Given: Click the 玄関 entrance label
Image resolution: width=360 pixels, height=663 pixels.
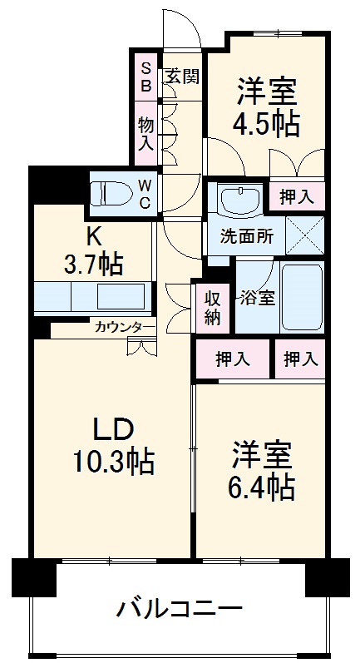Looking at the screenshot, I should (181, 77).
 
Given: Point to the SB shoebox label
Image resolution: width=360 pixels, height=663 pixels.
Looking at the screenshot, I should (145, 77).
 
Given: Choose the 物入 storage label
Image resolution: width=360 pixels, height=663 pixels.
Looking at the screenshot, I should (145, 133).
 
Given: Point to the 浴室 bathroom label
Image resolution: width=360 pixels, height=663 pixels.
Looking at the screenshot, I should (257, 298).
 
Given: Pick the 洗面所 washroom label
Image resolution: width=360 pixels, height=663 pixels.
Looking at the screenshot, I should (246, 235).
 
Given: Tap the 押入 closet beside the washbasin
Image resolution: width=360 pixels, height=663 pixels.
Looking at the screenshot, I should (297, 197).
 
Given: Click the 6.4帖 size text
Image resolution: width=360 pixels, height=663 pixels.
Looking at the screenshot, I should (261, 487).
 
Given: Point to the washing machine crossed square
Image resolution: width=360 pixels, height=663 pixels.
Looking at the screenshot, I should (304, 232).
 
